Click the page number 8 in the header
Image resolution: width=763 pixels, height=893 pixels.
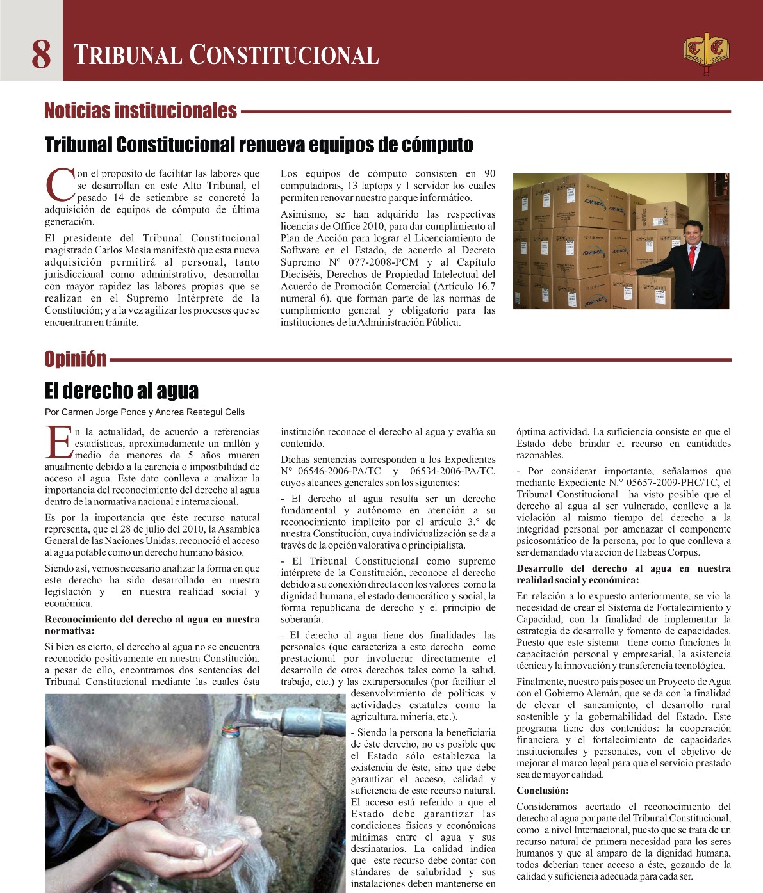tap(41, 54)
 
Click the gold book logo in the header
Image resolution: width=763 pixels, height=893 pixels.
tap(705, 51)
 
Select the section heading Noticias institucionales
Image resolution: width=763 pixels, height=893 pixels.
tap(140, 111)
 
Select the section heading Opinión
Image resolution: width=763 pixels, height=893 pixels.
tap(76, 359)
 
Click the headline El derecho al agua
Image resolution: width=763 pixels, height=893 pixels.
tap(122, 390)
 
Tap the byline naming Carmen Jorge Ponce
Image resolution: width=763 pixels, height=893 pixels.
tap(144, 412)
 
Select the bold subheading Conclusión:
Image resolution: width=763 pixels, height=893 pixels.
tap(543, 791)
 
